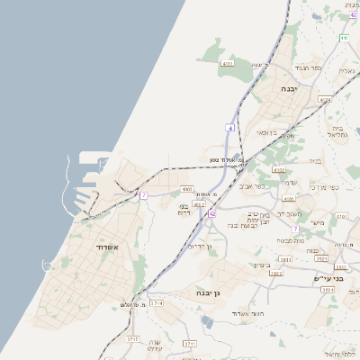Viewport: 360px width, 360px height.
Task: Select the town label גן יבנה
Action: (x=207, y=293)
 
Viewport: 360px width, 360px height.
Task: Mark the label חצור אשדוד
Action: (x=245, y=312)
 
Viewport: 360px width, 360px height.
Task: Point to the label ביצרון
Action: (x=262, y=265)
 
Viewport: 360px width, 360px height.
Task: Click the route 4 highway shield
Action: (x=229, y=129)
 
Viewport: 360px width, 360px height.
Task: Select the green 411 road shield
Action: (x=345, y=38)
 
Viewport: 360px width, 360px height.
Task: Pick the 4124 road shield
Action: (x=325, y=99)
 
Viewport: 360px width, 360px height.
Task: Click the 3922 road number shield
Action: (x=276, y=274)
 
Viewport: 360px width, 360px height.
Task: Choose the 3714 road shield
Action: (x=158, y=304)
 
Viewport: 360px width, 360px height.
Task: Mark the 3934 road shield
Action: (x=321, y=257)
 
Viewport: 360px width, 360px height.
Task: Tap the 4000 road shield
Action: (x=187, y=189)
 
